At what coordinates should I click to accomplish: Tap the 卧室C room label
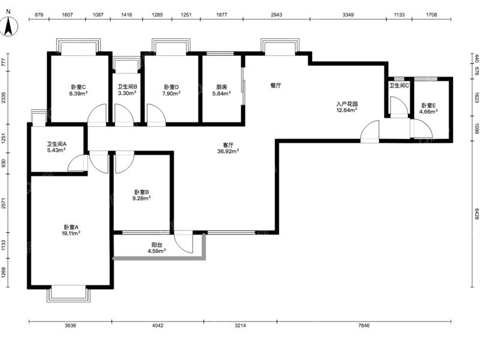[x=79, y=87]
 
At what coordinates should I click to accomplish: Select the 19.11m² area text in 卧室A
[x=71, y=233]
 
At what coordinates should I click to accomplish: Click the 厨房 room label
[x=221, y=87]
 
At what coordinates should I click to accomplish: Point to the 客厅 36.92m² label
[x=228, y=148]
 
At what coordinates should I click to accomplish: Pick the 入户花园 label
[x=347, y=104]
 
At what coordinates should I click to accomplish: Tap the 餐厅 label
[x=276, y=85]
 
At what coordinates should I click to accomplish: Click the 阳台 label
[x=157, y=245]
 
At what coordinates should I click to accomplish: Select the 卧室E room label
[x=428, y=106]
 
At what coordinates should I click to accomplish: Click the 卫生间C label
[x=399, y=86]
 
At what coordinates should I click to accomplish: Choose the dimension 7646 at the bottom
[x=364, y=325]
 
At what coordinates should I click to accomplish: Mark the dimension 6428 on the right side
[x=476, y=214]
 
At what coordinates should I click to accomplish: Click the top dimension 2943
[x=277, y=14]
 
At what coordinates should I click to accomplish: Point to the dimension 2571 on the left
[x=4, y=203]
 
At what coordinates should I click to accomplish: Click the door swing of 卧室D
[x=157, y=115]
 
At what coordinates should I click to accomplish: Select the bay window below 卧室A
[x=68, y=293]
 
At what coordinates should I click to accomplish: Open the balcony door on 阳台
[x=184, y=242]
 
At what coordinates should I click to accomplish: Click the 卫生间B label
[x=127, y=87]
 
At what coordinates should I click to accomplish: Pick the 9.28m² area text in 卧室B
[x=142, y=198]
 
